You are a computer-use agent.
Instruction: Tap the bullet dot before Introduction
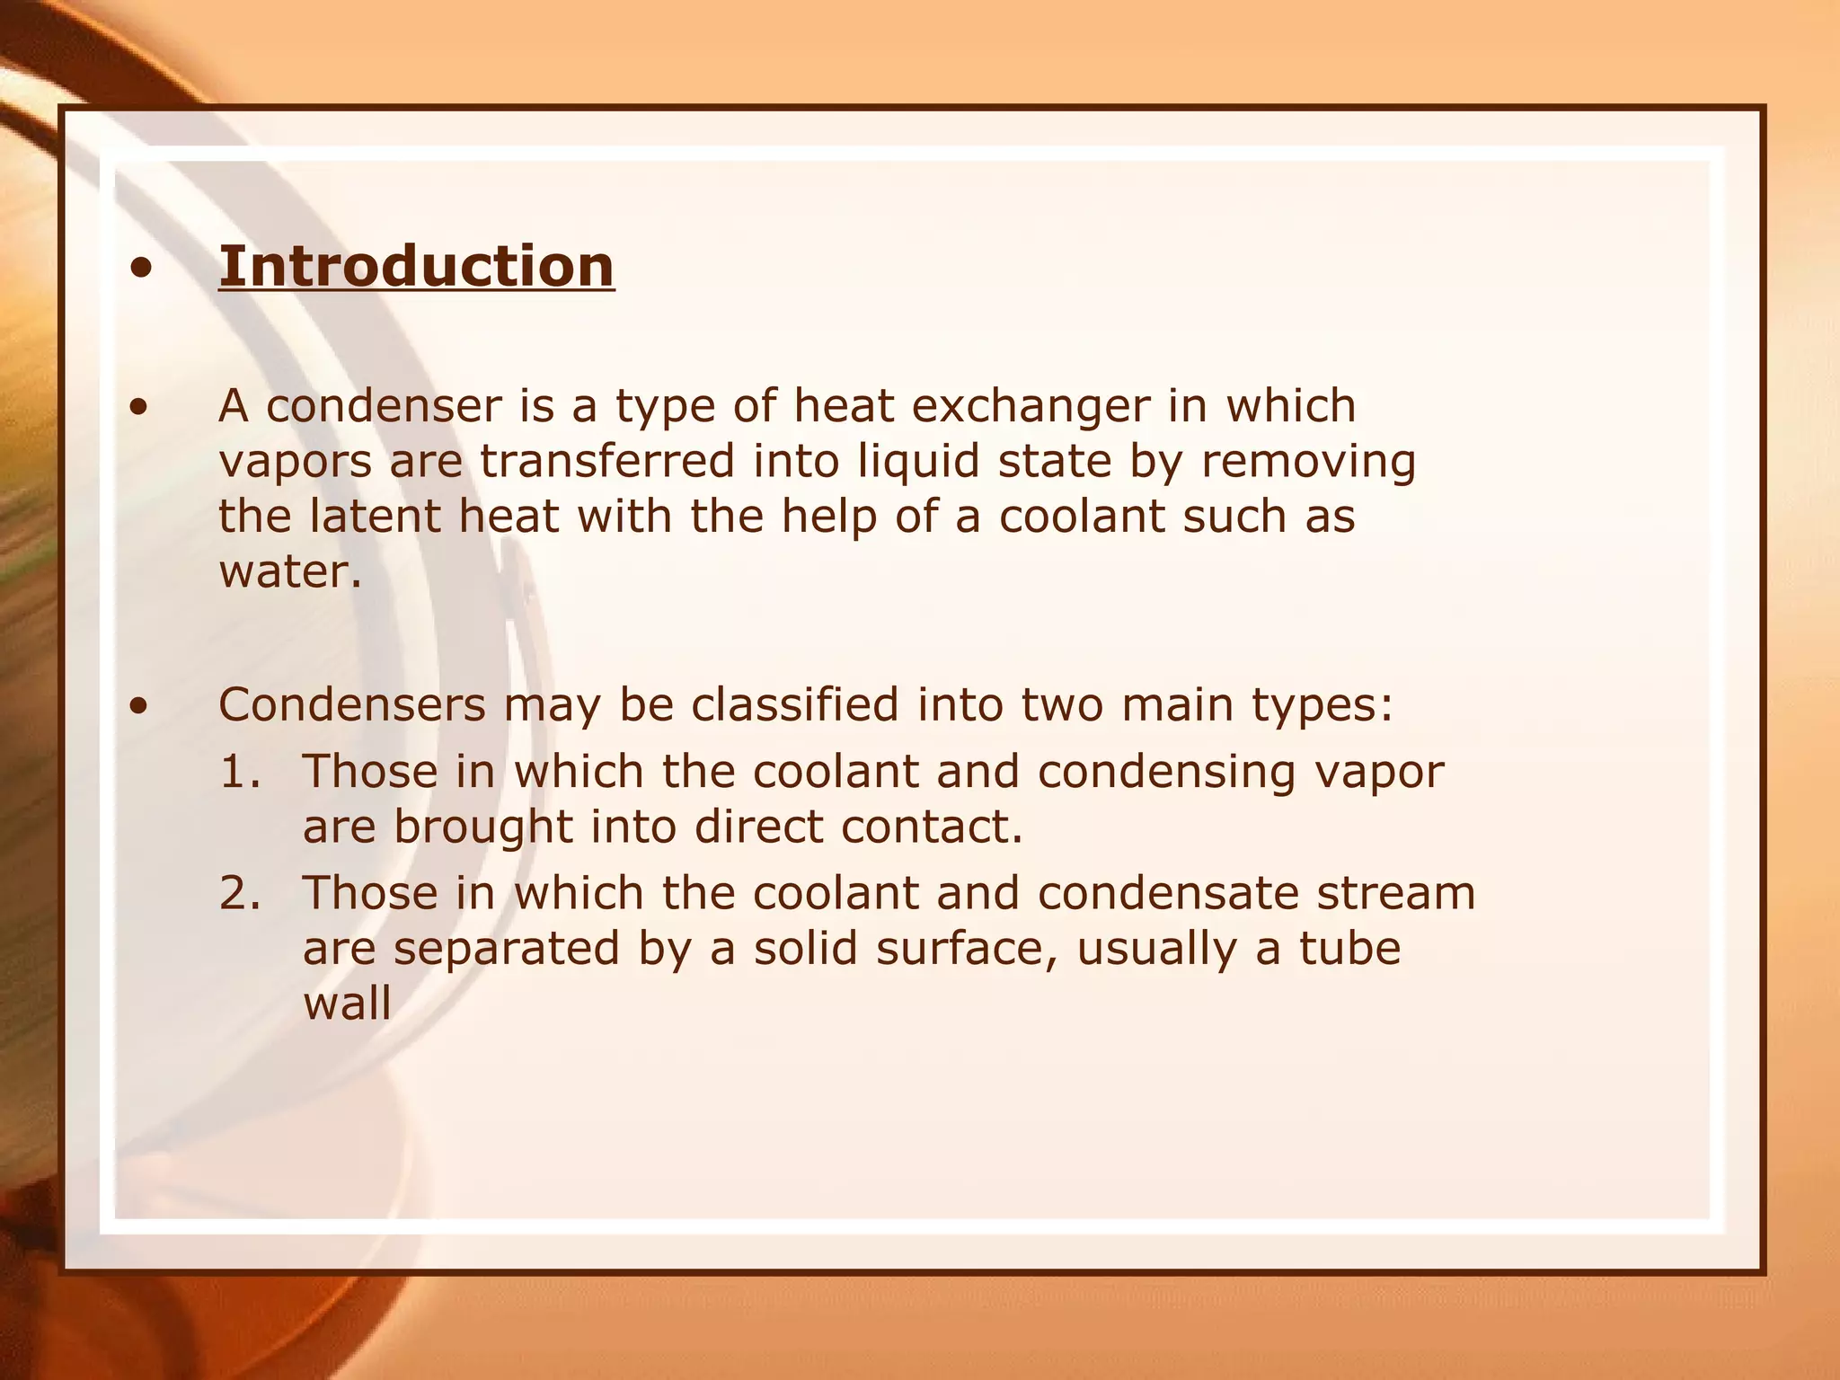(139, 268)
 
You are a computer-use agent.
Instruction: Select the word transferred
(607, 461)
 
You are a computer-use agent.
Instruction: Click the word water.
(289, 572)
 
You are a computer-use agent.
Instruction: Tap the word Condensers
(351, 704)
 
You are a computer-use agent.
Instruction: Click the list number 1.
(240, 773)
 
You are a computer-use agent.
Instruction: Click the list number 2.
(240, 894)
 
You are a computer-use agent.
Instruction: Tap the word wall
(347, 1004)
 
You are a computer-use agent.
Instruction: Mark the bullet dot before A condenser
(139, 408)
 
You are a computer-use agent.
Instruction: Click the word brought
(482, 827)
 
